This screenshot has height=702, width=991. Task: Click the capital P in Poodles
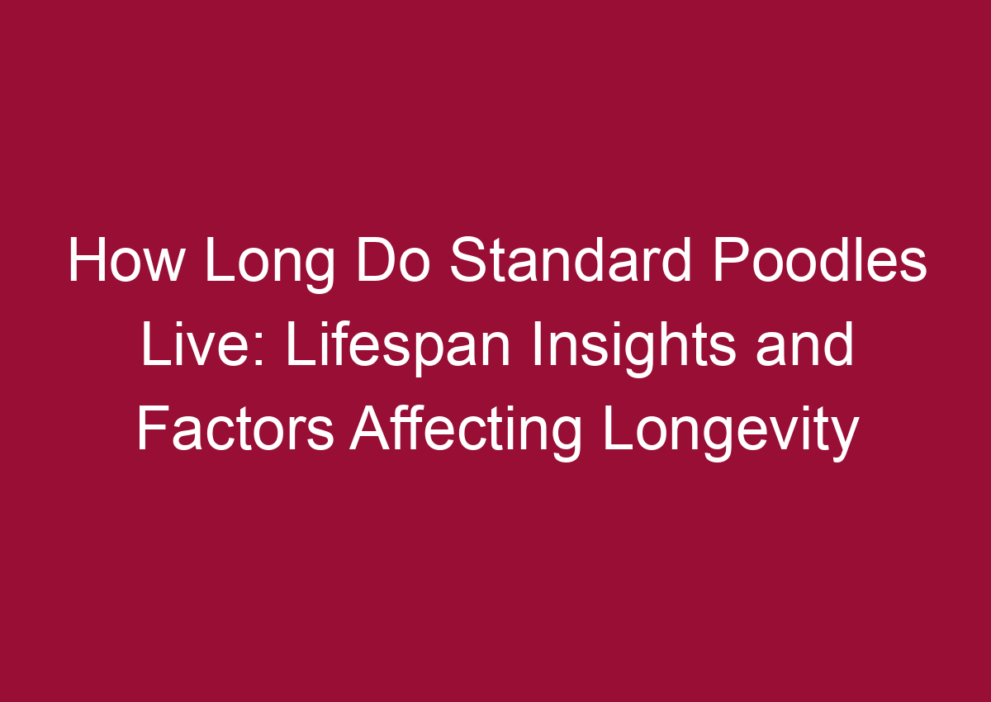point(728,262)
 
